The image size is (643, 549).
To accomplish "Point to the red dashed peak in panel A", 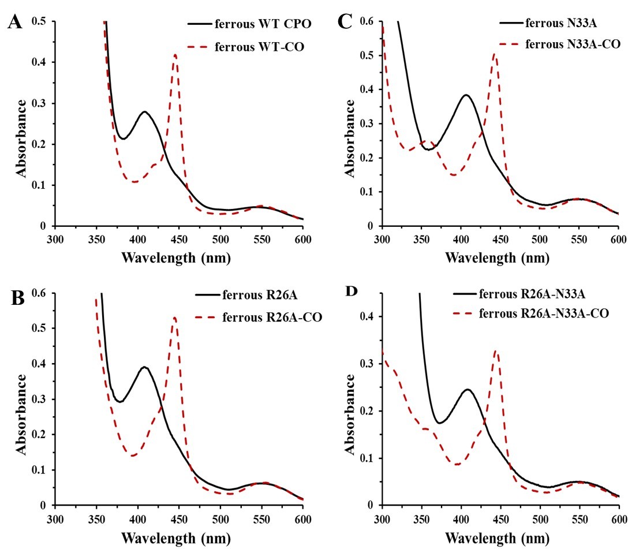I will pos(175,55).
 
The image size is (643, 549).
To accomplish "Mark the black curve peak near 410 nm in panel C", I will pos(466,95).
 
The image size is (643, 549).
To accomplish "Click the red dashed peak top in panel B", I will pos(174,317).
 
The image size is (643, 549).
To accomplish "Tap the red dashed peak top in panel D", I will pos(495,350).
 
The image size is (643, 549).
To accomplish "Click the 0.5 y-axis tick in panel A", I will pos(42,22).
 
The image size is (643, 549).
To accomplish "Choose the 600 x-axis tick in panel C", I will pos(618,238).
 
